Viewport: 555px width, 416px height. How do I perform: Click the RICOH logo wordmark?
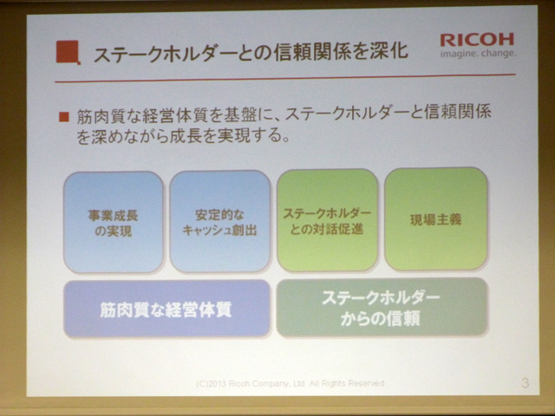point(477,40)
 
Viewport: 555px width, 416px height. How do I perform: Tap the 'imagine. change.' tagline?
point(478,54)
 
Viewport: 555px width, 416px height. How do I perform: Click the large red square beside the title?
point(68,52)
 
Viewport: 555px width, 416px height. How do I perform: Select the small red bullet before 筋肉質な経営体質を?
point(64,117)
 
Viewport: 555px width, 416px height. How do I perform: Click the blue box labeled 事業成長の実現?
point(114,222)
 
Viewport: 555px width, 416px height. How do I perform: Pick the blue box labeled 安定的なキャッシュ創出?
point(219,222)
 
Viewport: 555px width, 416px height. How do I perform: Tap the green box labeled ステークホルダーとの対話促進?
point(328,220)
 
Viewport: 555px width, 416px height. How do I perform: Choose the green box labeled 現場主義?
point(436,219)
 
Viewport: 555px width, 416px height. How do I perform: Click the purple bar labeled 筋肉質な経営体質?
point(167,309)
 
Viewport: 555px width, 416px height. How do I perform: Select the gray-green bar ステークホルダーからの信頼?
point(382,308)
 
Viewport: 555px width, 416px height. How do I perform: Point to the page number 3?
point(525,383)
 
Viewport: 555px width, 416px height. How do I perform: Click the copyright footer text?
point(291,383)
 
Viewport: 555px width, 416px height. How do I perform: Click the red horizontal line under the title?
point(285,78)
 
